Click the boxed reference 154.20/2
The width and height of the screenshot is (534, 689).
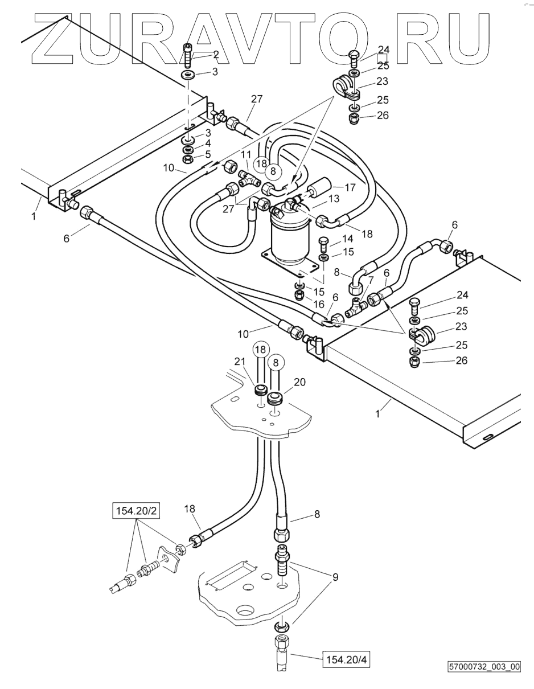coord(136,511)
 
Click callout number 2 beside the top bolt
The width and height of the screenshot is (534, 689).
coord(216,55)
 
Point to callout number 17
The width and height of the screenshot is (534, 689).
coord(350,187)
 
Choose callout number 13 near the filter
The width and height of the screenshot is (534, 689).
coord(334,199)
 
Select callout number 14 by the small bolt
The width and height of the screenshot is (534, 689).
coord(347,239)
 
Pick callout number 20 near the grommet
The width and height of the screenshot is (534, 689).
coord(299,382)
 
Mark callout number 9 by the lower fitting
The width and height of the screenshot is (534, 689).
coord(335,577)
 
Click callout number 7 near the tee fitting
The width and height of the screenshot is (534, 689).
coord(371,280)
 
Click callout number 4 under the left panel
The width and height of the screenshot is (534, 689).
coord(208,143)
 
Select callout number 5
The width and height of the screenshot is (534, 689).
coord(208,154)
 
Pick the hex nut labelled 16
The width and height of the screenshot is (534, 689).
coord(300,295)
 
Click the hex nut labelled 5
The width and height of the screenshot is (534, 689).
coord(189,158)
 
